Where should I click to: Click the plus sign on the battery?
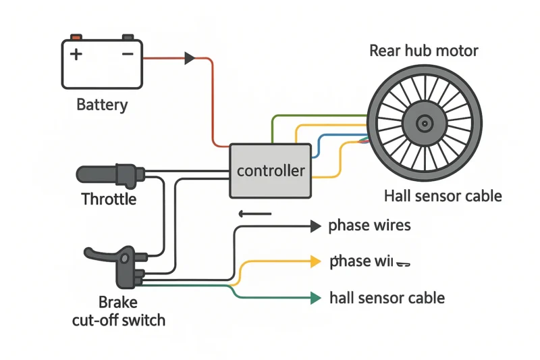coord(76,54)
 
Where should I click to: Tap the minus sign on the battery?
coord(127,53)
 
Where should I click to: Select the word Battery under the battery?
coord(102,105)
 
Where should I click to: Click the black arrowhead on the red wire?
coord(190,59)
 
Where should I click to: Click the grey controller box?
coord(271,171)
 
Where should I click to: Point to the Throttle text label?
coord(109,199)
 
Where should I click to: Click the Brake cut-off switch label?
coord(118,311)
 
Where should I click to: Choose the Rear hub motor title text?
coord(424,51)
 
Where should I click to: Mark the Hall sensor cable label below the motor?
coord(443,196)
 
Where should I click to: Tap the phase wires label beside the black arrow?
coord(369,226)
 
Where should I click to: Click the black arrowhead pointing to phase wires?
coord(315,227)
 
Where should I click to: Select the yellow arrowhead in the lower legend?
coord(315,261)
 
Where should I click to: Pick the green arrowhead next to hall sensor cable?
coord(315,297)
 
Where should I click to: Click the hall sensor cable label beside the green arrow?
coord(387,297)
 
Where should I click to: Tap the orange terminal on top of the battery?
coord(76,36)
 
